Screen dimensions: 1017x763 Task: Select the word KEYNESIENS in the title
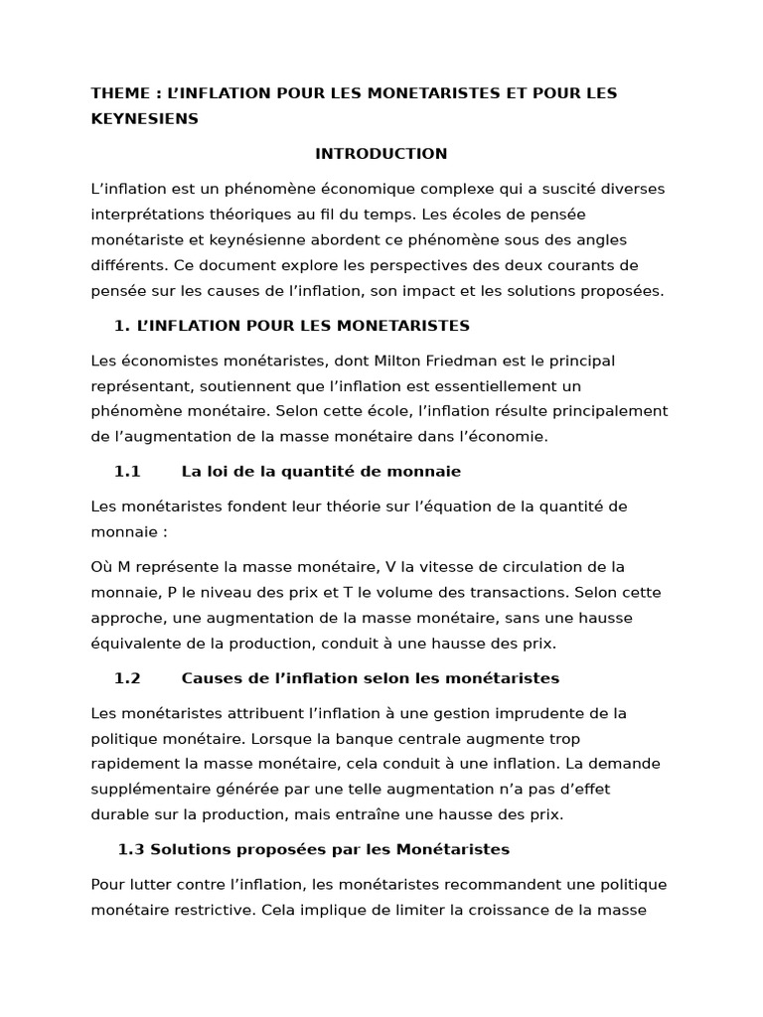tap(144, 119)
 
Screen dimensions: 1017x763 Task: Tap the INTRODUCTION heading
tap(381, 154)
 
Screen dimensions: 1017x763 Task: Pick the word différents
tap(127, 266)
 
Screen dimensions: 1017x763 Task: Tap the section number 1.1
tap(127, 472)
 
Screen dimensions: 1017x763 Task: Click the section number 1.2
tap(127, 678)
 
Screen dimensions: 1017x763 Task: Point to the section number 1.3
tap(131, 849)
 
